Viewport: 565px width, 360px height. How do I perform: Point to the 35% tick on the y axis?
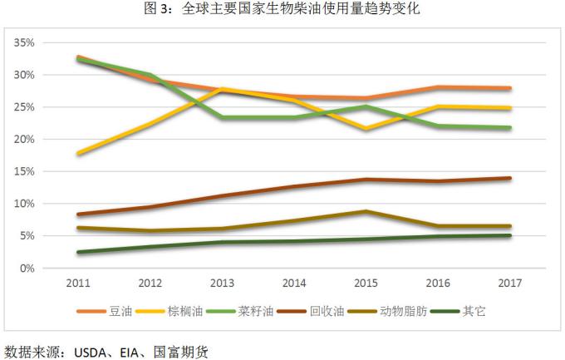click(x=23, y=42)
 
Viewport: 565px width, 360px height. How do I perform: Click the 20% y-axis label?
click(x=23, y=139)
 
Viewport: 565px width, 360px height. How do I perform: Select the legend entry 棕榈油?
click(x=182, y=313)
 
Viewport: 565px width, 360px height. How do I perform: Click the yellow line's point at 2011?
click(x=77, y=153)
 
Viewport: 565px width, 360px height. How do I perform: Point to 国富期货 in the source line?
click(x=180, y=351)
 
